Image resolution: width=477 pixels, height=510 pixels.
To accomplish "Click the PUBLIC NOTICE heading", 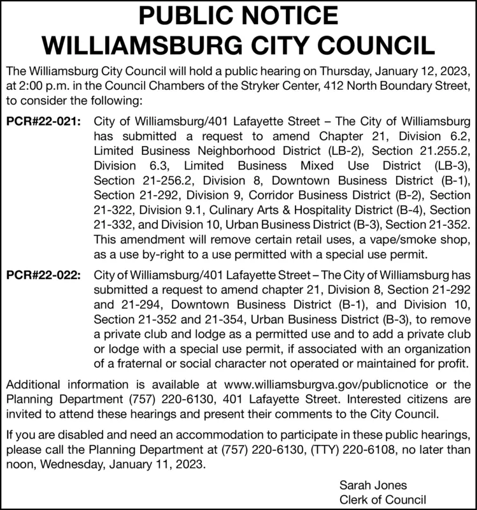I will pyautogui.click(x=238, y=16).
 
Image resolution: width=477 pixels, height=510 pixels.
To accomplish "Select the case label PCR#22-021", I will pyautogui.click(x=44, y=121).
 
